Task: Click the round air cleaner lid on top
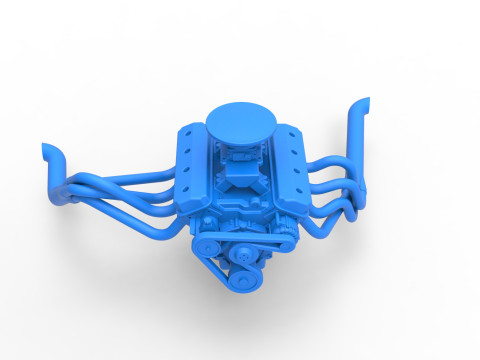[239, 121]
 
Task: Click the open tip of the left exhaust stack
[47, 150]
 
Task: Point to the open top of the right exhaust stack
[365, 102]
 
